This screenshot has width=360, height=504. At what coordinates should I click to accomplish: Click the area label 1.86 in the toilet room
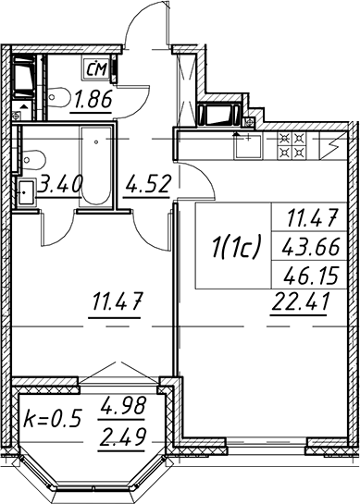click(93, 99)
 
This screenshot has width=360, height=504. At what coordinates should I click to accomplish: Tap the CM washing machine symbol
click(97, 68)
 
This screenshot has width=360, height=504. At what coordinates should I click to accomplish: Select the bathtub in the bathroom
click(96, 166)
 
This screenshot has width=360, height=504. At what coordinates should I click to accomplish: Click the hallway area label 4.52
click(148, 184)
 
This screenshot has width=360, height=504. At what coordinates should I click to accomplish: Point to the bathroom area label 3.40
click(60, 184)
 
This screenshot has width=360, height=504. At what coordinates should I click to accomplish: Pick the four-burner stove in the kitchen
click(292, 145)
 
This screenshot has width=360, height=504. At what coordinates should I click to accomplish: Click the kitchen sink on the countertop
click(248, 146)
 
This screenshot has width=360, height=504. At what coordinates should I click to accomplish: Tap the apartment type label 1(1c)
click(235, 247)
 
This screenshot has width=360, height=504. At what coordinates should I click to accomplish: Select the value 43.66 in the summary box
click(310, 248)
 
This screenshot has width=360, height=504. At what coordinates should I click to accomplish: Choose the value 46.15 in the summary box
click(311, 276)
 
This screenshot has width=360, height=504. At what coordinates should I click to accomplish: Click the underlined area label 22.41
click(300, 302)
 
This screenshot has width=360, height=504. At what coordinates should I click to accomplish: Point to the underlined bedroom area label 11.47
click(117, 301)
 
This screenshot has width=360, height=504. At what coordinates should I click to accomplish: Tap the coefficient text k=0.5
click(52, 418)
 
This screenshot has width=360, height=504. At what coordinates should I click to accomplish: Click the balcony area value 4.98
click(123, 406)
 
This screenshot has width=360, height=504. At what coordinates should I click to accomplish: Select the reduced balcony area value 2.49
click(122, 436)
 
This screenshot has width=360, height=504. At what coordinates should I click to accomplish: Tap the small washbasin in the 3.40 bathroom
click(26, 192)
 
